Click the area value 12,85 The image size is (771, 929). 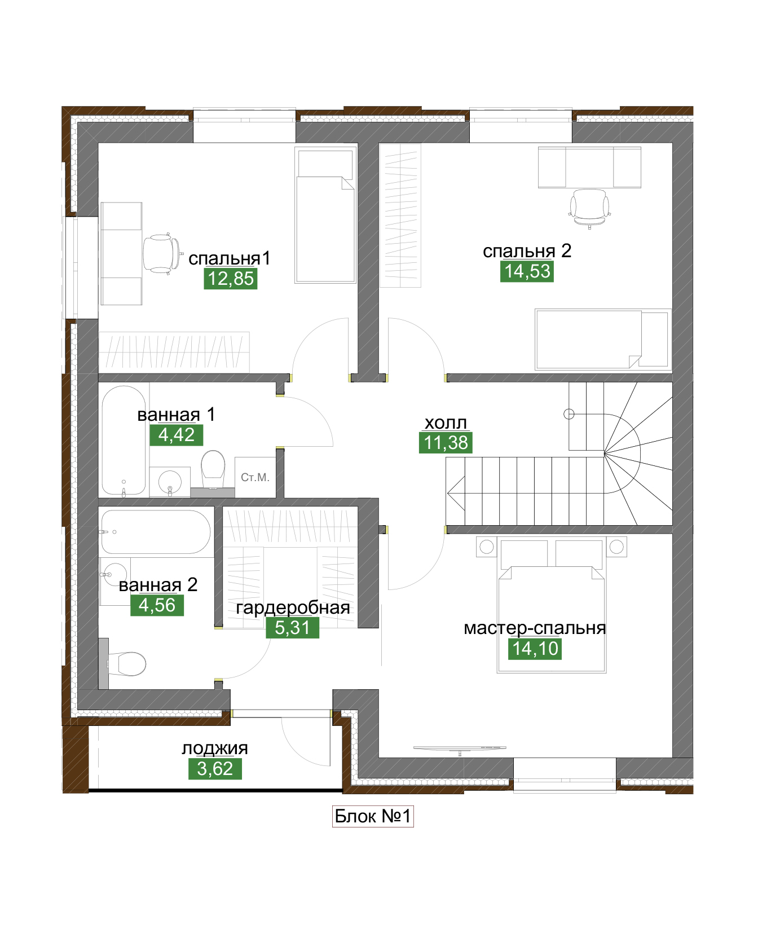pos(230,279)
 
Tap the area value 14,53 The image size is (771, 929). pos(527,271)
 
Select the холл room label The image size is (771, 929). pos(446,422)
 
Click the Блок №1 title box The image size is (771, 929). pos(373,816)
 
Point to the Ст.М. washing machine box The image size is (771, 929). pos(255,477)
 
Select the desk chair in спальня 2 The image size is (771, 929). pos(589,206)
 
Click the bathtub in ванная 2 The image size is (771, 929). pos(155,532)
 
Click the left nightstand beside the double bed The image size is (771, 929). pos(486,547)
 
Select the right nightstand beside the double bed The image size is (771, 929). pos(617,547)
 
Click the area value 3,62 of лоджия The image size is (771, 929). pos(215,769)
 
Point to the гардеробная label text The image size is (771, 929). pos(293,607)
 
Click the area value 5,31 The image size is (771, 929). pos(292,628)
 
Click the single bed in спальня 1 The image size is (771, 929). pos(325,215)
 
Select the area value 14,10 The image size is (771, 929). pos(535,649)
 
